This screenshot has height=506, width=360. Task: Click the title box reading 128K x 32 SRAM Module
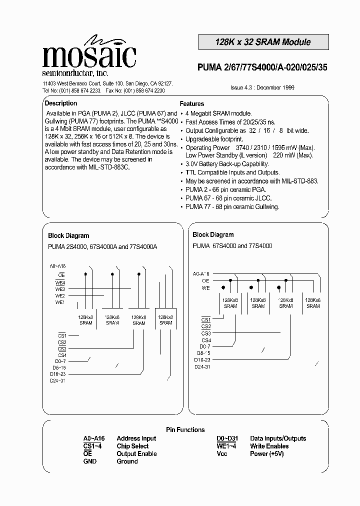263,42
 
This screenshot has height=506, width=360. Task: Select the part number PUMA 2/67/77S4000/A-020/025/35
263,69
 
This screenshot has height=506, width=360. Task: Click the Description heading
61,103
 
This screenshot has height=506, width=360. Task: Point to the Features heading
192,104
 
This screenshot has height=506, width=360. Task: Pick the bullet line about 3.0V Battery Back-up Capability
227,164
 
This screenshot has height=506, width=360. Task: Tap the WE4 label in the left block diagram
60,282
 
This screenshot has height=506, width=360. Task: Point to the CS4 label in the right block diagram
206,340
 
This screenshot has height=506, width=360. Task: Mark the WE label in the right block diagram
206,287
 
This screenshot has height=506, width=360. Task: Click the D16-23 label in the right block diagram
203,359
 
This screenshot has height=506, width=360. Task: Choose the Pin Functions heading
185,429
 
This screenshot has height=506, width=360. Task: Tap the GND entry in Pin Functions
90,461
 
